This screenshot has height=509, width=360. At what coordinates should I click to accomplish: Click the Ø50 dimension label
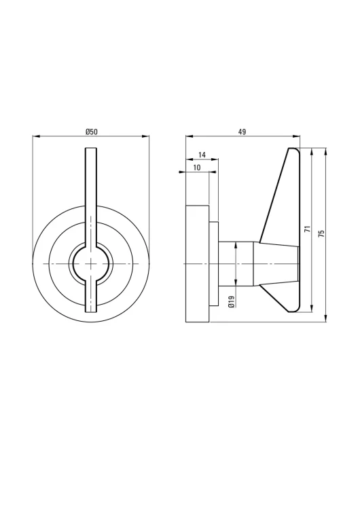pos(91,132)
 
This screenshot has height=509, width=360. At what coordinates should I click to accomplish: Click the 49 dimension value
pos(242,132)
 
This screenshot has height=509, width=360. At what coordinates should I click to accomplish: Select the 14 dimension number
pos(202,155)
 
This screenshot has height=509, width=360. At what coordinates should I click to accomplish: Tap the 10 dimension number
pos(197,168)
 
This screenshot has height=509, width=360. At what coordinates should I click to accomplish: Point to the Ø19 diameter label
pos(232,301)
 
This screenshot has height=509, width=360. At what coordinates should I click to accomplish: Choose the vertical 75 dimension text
pos(322,233)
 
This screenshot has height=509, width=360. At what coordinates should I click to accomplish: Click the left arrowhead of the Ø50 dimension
pos(35,136)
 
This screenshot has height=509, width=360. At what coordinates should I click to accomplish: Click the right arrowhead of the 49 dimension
pos(297,136)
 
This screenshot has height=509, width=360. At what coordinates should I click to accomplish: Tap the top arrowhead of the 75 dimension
pos(325,151)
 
